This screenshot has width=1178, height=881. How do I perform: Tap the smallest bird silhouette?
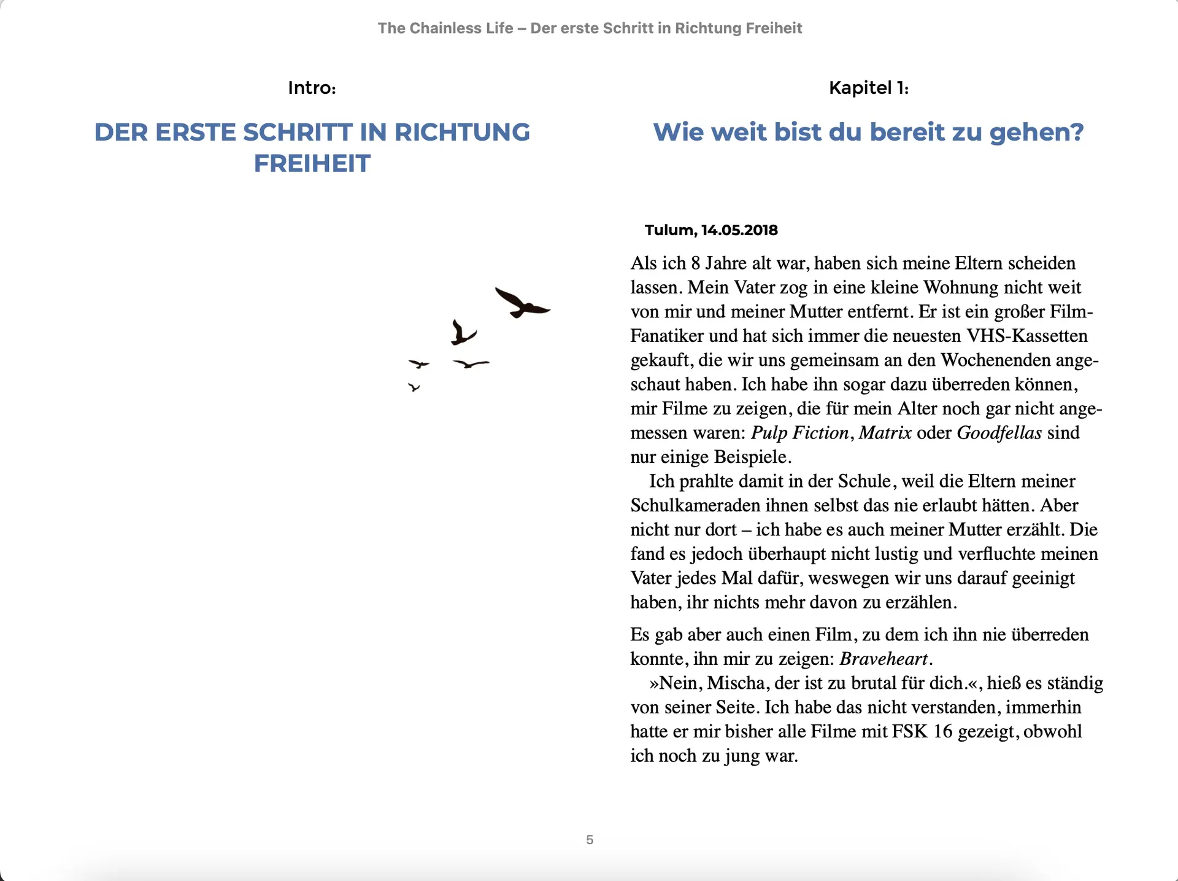[414, 387]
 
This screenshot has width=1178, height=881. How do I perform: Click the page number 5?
[590, 840]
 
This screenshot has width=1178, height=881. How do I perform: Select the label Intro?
[312, 88]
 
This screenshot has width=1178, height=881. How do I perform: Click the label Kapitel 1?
[868, 88]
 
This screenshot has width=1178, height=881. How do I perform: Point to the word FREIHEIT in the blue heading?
[312, 164]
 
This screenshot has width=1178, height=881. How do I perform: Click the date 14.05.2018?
[739, 230]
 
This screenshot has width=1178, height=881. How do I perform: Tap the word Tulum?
[669, 230]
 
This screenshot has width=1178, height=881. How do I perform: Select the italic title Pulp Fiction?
[799, 433]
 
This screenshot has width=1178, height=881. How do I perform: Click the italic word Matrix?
[885, 433]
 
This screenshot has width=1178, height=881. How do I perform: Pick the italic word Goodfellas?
[999, 433]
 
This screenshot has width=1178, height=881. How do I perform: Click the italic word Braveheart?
[884, 659]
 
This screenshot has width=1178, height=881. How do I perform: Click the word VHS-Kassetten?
[1027, 336]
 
